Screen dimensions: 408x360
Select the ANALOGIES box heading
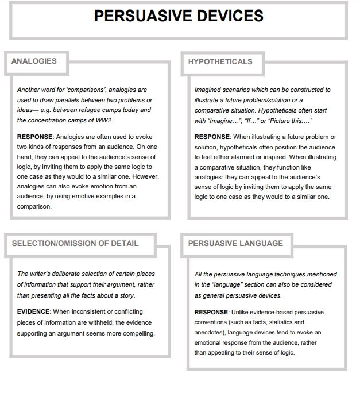(x=34, y=61)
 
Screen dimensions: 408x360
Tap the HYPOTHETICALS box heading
(x=220, y=61)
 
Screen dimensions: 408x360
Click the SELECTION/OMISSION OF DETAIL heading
(x=75, y=243)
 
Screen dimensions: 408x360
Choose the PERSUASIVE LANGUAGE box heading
(x=235, y=243)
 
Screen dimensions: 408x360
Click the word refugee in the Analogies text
(x=97, y=110)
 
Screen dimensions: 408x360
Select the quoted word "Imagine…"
(x=225, y=120)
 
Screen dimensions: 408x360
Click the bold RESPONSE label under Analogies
(x=35, y=137)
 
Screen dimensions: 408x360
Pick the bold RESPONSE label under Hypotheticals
(x=212, y=137)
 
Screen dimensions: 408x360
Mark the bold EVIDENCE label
(x=34, y=311)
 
